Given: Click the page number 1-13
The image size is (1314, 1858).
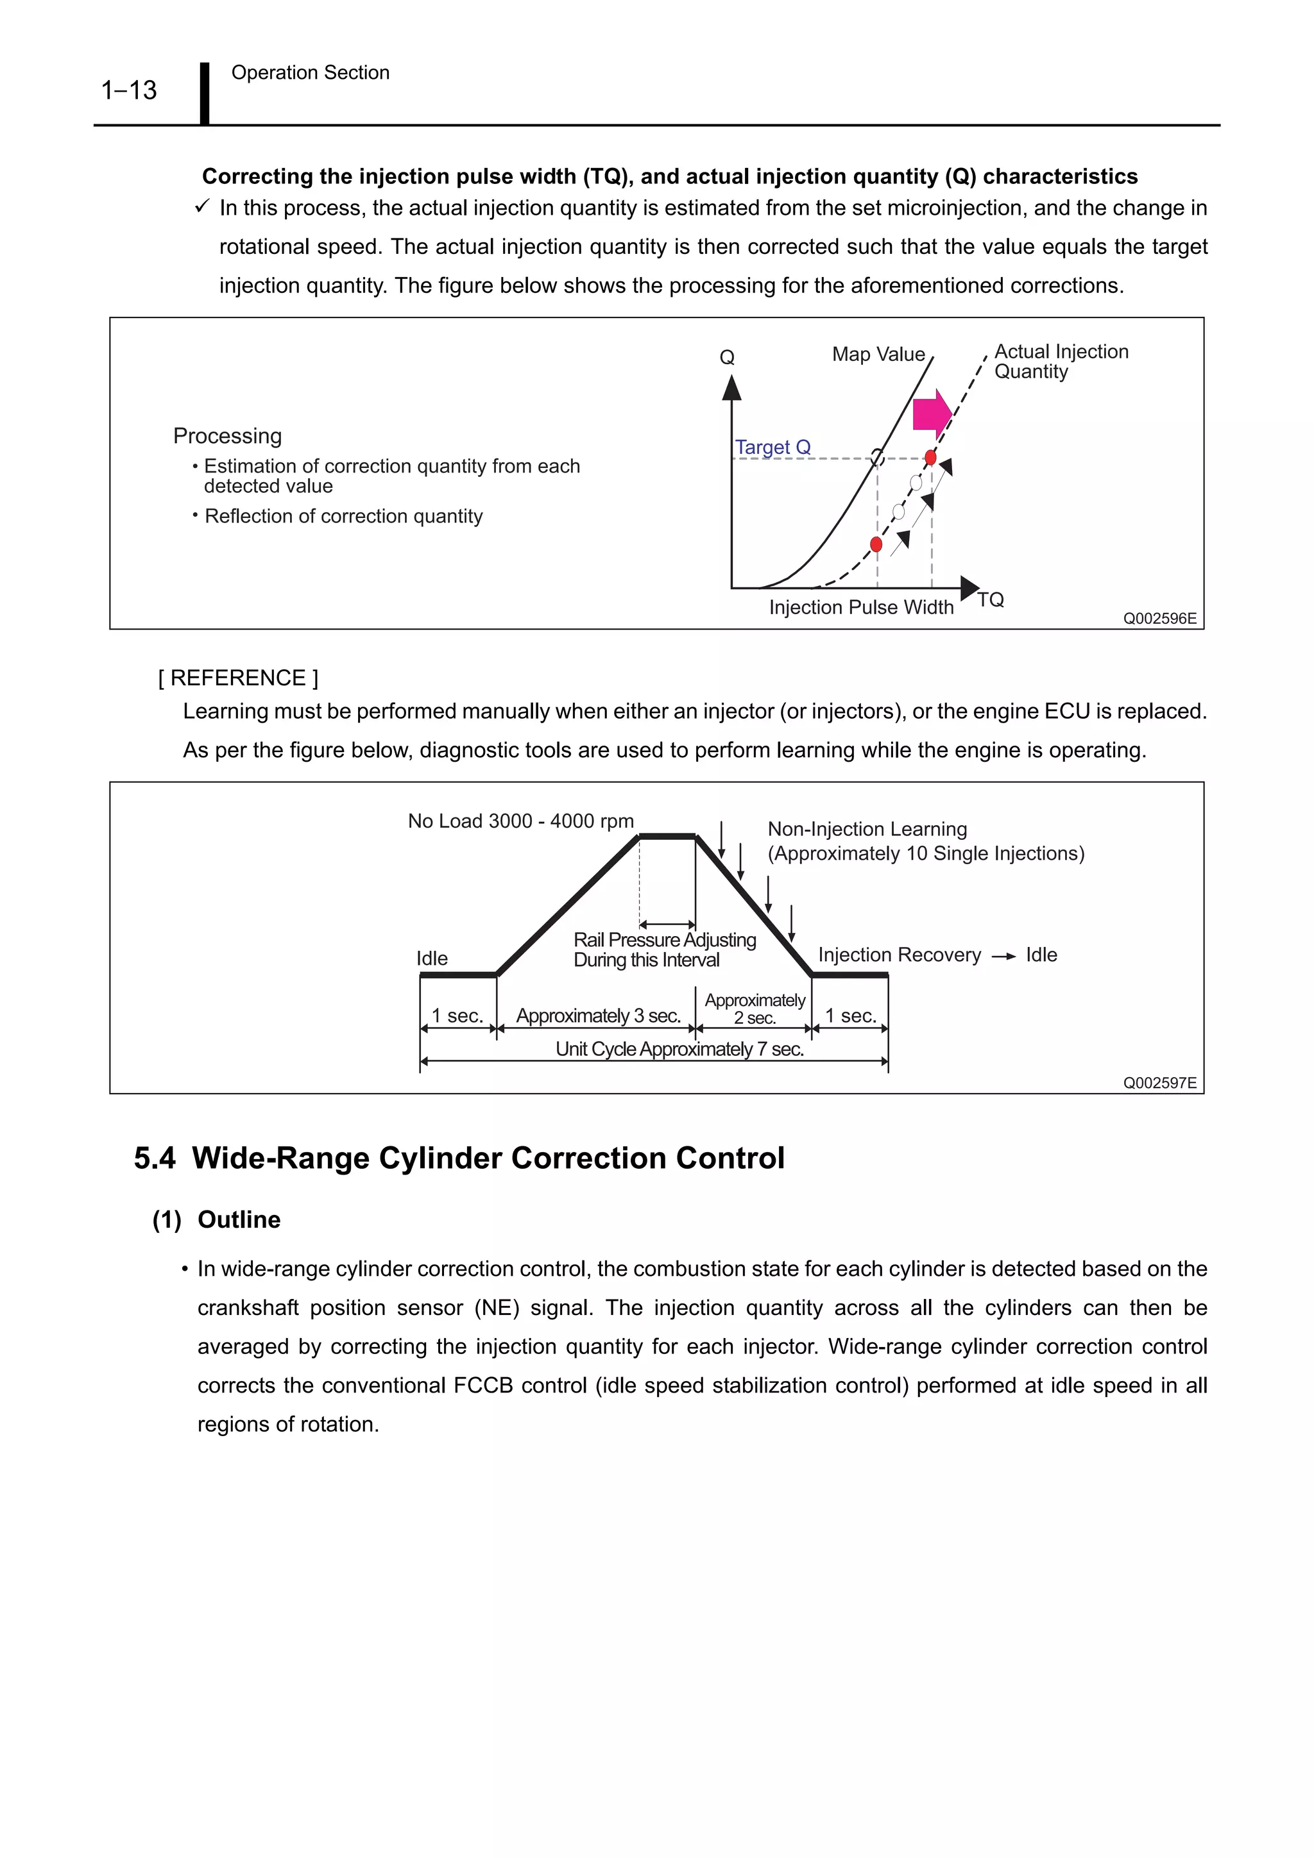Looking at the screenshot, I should coord(129,90).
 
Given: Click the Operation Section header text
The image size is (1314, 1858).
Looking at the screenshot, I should coord(310,73).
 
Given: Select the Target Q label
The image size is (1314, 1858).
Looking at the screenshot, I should coord(772,448).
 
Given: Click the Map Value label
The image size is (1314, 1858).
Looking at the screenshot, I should coord(878,355).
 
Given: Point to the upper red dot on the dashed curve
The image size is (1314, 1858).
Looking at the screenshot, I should coord(930,458).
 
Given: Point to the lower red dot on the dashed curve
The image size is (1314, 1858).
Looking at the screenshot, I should coord(876,544).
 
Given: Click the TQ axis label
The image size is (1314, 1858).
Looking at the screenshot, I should coord(990,599).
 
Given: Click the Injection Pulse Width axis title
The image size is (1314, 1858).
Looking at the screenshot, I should coord(860,607).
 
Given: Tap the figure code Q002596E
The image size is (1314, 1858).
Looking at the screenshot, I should coord(1159,618).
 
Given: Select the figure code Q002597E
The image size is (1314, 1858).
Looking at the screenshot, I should coord(1159,1083).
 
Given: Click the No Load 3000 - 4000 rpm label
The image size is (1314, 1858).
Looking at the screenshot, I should coord(520,821).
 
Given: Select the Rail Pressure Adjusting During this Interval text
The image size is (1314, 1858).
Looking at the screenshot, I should coord(664,950).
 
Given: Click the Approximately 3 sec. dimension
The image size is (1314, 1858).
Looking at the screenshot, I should coord(599,1016).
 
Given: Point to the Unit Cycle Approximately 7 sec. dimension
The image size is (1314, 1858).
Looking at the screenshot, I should coord(679,1049).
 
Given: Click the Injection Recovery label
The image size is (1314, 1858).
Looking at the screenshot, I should coord(899,955).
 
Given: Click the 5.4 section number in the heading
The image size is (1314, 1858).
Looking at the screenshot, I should coord(154,1158).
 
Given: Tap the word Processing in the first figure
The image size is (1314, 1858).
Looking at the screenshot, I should coord(228,436).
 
